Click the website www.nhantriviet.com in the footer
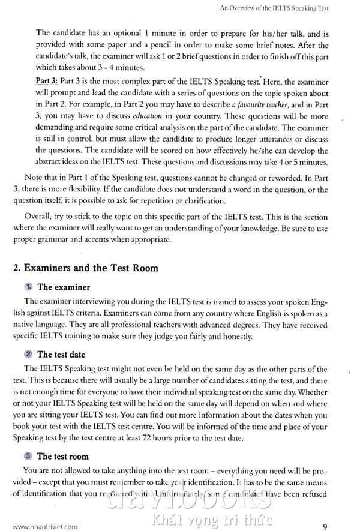coord(45,511)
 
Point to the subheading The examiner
coord(64,287)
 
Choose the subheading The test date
coord(61,355)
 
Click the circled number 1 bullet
coord(28,287)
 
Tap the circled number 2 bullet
coord(28,355)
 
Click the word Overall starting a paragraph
coord(38,217)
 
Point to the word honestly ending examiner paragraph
coord(218,337)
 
